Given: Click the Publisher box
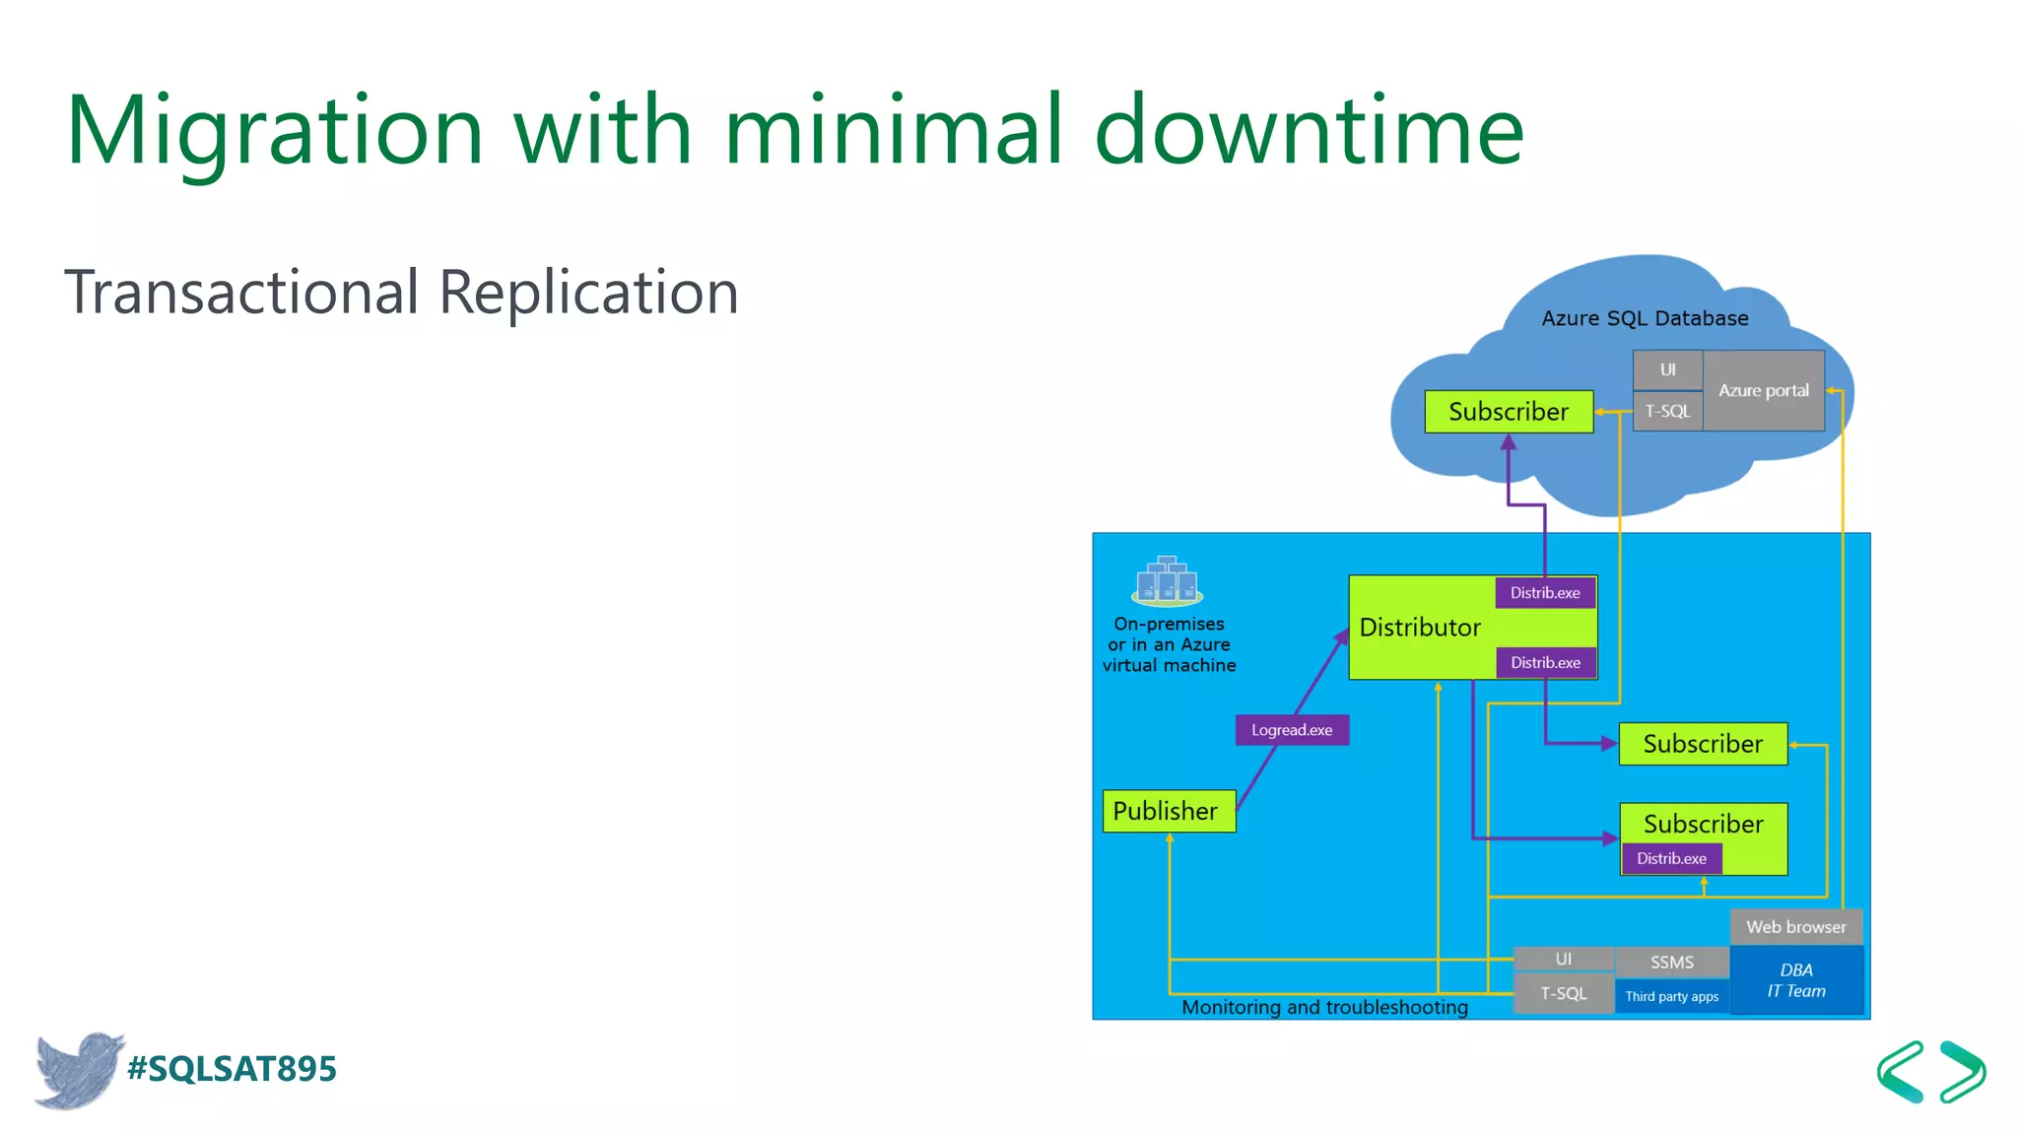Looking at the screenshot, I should [1169, 811].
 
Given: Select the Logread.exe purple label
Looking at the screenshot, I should [1292, 730].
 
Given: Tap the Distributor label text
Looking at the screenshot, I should [1420, 628].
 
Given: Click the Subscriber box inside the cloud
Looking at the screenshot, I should [1509, 412].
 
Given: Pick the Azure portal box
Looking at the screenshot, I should [1764, 390].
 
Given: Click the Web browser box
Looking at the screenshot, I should [1796, 927].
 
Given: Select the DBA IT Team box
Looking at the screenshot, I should [1796, 980].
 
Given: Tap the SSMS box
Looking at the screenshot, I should [1672, 962].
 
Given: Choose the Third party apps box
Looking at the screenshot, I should [1672, 996].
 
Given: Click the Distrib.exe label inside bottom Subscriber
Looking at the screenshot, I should [1671, 859].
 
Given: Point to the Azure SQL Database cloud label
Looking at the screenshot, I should [1645, 318].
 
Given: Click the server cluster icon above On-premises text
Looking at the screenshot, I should [1168, 581].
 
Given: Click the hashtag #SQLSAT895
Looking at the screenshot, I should [233, 1069].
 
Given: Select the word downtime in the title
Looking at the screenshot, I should [1310, 130].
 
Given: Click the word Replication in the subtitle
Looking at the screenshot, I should [588, 293].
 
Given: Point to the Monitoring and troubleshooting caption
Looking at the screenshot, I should [1324, 1007].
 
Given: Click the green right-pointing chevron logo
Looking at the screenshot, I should [1963, 1071].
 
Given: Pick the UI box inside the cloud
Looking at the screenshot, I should [1667, 370].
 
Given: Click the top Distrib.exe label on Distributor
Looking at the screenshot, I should [1545, 593].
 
